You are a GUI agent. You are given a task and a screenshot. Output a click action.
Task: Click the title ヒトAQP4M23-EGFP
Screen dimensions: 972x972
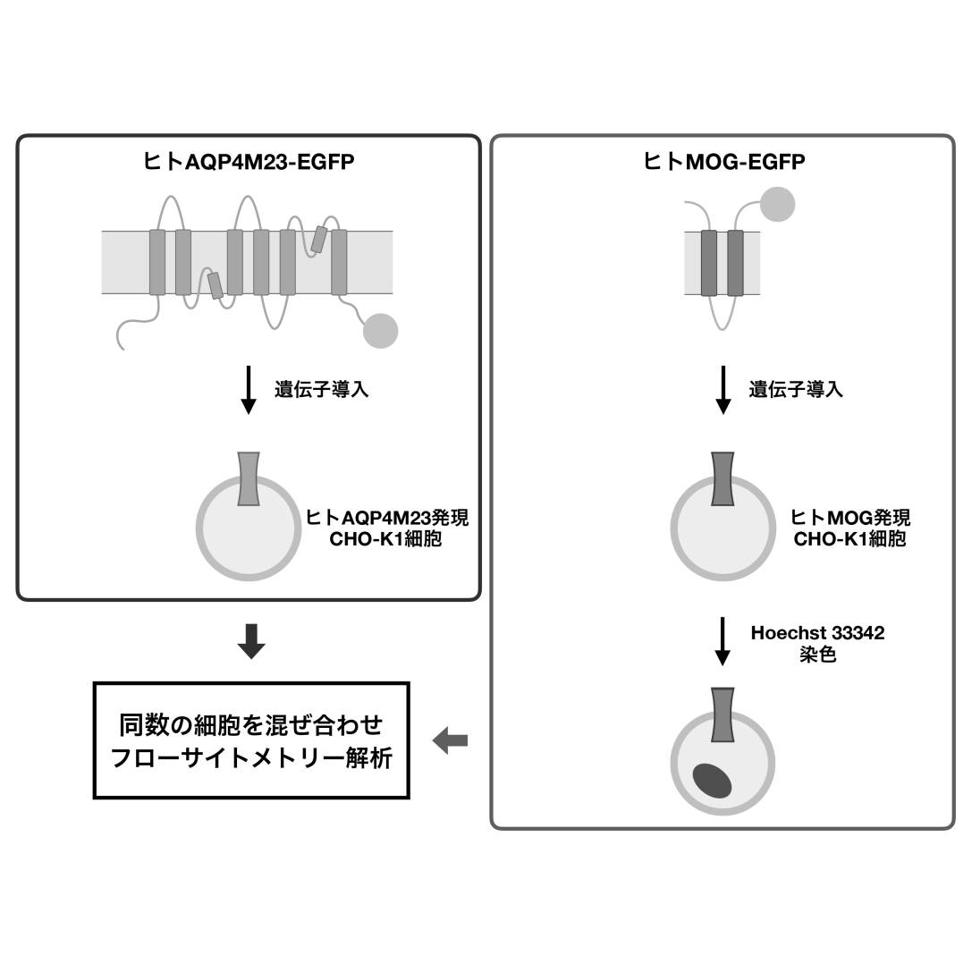[249, 162]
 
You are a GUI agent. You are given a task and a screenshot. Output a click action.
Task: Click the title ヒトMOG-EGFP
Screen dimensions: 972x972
[723, 162]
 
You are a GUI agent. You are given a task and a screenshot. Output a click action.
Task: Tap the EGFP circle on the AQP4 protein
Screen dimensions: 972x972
[380, 331]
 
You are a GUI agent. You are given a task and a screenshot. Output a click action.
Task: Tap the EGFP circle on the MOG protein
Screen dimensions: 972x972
[777, 204]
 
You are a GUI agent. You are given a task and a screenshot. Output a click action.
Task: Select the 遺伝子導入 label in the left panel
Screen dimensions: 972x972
[321, 390]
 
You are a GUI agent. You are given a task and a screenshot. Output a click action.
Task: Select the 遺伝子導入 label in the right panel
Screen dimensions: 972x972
[796, 390]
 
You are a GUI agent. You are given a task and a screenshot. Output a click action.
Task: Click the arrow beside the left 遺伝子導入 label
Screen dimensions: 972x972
[249, 392]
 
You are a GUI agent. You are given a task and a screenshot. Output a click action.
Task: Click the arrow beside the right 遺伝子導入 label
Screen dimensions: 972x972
[723, 392]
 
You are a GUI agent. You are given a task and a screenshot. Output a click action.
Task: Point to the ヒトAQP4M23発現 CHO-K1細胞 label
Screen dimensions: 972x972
[386, 528]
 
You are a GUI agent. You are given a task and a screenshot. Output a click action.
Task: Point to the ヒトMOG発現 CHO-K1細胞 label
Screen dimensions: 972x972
[850, 528]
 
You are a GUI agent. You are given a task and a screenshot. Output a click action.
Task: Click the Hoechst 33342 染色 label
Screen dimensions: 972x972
[817, 643]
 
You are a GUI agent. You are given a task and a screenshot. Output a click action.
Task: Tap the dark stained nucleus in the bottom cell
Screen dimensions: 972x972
[713, 781]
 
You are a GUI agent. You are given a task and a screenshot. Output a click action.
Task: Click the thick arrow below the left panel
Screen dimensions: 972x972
[251, 641]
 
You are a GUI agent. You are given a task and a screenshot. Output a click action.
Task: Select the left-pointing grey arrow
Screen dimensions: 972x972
[450, 740]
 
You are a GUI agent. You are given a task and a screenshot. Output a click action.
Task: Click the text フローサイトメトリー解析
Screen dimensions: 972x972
[251, 758]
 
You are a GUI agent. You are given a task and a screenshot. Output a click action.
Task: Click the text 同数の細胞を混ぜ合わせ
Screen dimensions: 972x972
[251, 723]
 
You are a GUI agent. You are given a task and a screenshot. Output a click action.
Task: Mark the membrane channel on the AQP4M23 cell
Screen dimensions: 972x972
[249, 479]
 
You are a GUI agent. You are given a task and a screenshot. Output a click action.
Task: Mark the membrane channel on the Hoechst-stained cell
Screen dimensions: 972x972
[723, 715]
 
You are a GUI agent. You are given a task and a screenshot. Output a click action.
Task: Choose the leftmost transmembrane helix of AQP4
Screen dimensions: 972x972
[157, 262]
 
